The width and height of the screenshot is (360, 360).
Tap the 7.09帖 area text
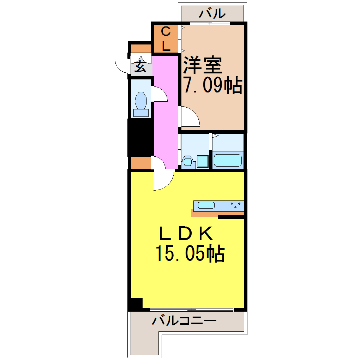tap(212, 85)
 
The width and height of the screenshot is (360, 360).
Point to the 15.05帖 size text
tap(190, 253)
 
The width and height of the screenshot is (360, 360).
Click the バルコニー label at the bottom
tap(184, 321)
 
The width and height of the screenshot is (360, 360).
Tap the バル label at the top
tap(212, 14)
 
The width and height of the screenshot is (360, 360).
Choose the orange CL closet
tap(166, 39)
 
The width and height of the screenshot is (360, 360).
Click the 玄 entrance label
tap(140, 67)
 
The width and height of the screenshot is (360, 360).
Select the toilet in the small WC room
tap(141, 102)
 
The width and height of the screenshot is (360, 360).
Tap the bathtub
tap(228, 160)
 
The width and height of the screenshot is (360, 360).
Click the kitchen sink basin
tap(206, 205)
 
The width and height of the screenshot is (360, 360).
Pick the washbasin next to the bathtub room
tap(203, 161)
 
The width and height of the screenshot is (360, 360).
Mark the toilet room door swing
tap(160, 94)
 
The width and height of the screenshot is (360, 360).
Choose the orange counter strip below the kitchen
tap(205, 213)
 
